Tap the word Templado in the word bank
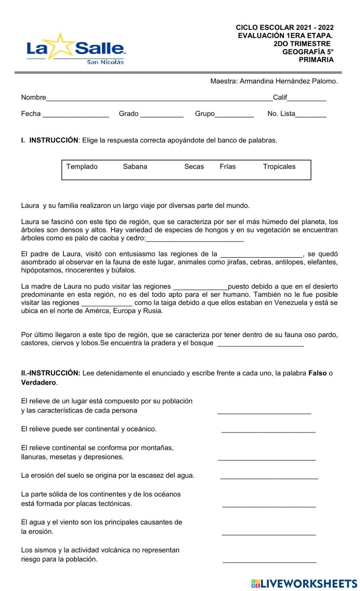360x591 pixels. (82, 167)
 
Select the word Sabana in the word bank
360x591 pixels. (135, 167)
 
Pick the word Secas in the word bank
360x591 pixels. (194, 167)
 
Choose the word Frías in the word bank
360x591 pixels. (228, 167)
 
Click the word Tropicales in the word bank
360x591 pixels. (279, 167)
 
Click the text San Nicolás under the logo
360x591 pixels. (105, 62)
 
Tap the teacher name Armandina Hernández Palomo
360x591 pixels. (288, 81)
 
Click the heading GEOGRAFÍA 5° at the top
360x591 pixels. (308, 52)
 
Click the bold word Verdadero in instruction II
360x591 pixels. (39, 383)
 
